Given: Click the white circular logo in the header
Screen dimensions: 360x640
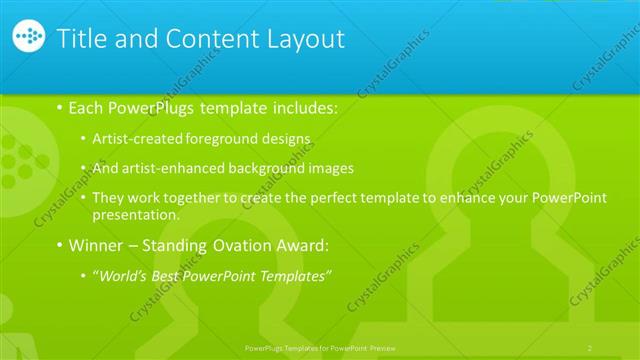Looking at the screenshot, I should (30, 38).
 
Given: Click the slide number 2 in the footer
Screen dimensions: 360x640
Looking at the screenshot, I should (591, 347).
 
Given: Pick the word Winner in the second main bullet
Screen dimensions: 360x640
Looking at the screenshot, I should (97, 245).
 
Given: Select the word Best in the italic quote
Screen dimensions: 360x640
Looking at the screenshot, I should (166, 275).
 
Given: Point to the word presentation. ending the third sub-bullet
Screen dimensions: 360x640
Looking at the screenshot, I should (136, 213).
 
